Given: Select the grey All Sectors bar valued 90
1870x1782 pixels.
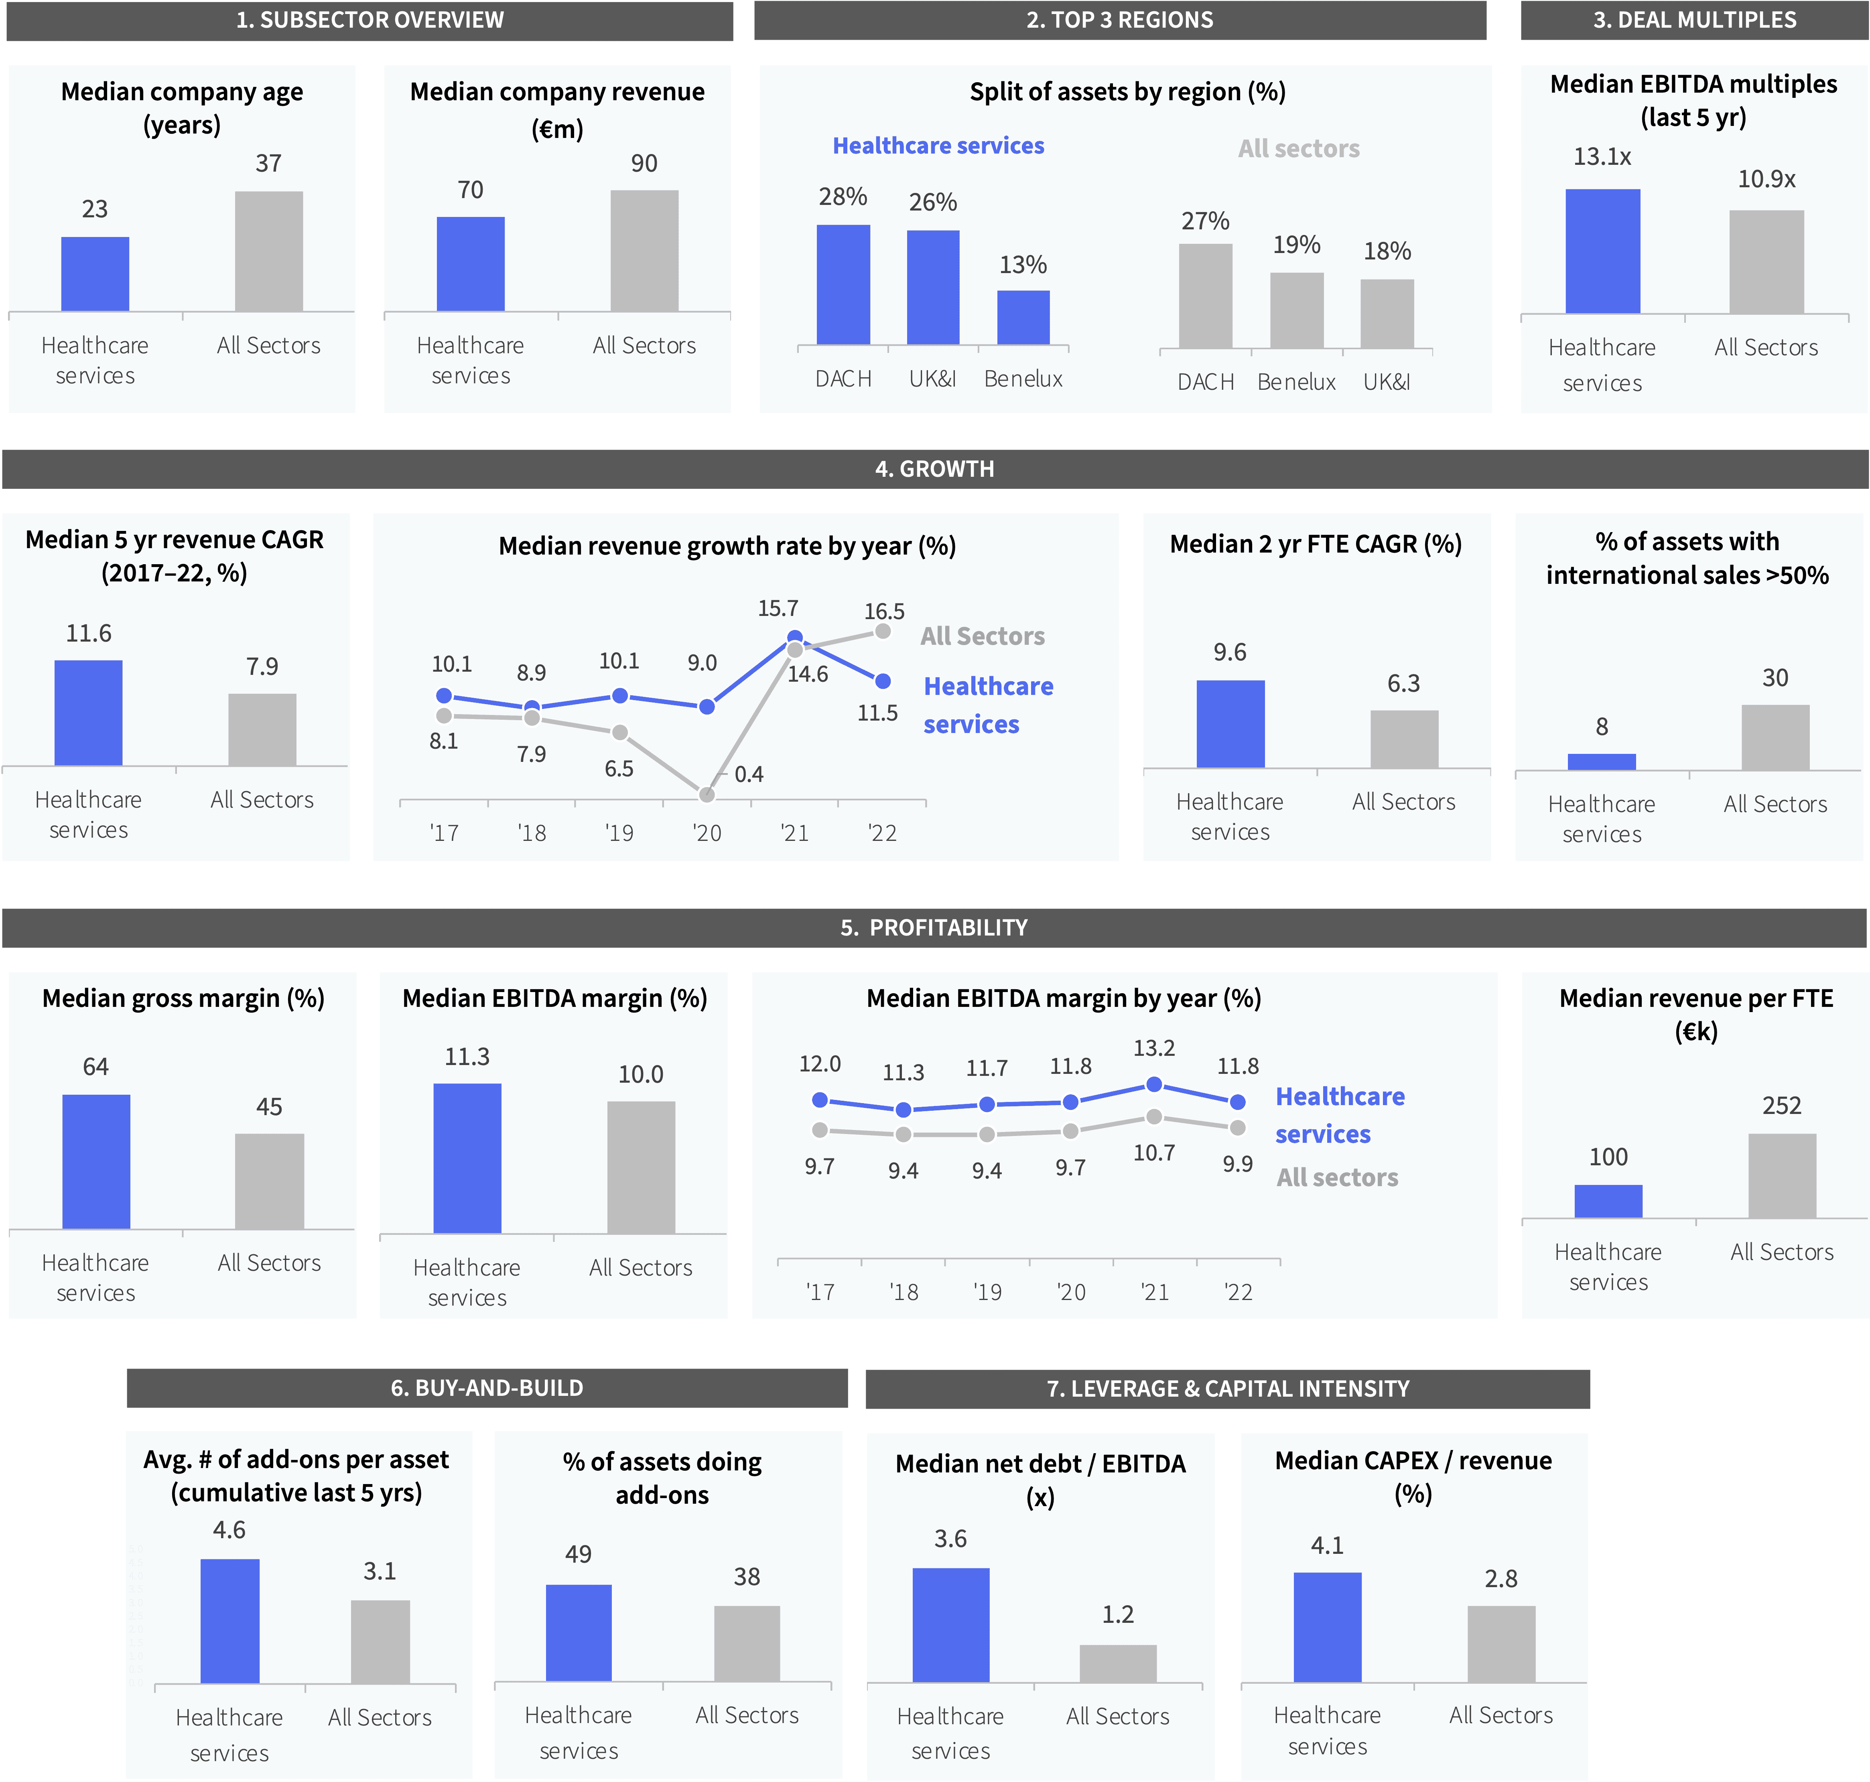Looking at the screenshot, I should (x=644, y=251).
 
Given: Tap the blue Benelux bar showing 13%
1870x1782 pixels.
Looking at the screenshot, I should (x=1023, y=317).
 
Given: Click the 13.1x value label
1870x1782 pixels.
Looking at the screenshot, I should (x=1602, y=157).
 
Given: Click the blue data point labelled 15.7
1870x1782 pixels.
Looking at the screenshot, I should (x=795, y=638).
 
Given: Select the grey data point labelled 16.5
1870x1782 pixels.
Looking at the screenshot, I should (x=883, y=631).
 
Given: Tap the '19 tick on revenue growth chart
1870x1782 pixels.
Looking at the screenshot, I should (x=619, y=833).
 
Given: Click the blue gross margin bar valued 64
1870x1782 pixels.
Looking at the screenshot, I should (x=96, y=1162).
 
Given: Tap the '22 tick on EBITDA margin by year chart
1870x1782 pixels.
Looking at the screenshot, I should (x=1238, y=1292).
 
